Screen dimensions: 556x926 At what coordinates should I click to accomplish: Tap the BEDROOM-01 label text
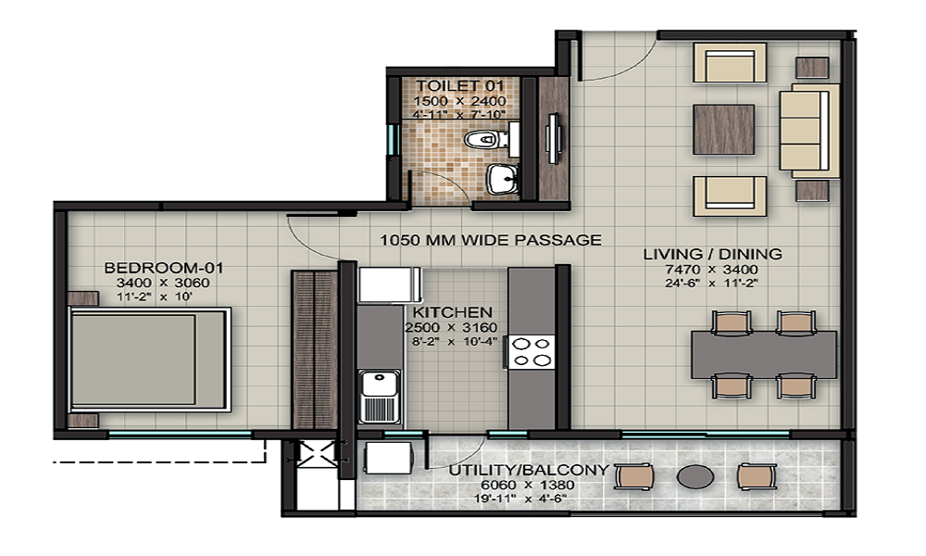[x=164, y=269]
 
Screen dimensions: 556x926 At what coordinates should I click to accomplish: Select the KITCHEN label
[x=453, y=312]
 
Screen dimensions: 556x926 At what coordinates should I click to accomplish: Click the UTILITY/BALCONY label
[x=529, y=470]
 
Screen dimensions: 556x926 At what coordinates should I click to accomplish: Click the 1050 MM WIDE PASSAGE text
[x=491, y=239]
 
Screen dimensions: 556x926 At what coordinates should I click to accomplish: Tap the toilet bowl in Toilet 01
[x=483, y=140]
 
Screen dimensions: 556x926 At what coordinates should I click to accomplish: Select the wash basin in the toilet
[x=502, y=178]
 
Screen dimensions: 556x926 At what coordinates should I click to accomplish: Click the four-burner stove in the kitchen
[x=532, y=352]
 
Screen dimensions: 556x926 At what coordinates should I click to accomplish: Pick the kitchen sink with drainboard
[x=379, y=396]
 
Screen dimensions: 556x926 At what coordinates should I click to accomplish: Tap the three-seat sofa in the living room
[x=808, y=130]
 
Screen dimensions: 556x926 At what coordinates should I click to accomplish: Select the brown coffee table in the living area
[x=723, y=129]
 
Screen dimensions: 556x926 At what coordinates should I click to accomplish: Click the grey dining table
[x=763, y=353]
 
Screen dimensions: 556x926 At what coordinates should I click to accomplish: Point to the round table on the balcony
[x=694, y=476]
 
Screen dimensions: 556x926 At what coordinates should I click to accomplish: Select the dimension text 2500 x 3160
[x=453, y=327]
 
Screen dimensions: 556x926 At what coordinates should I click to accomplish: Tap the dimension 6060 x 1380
[x=529, y=484]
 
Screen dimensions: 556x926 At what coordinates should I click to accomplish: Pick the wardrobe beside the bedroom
[x=314, y=349]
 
